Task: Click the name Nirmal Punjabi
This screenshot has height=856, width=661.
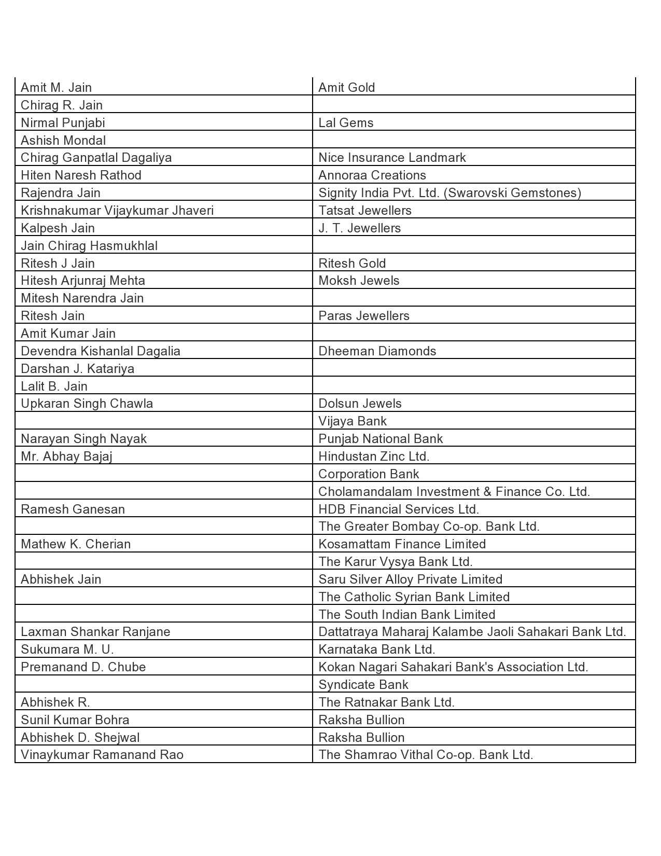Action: tap(63, 123)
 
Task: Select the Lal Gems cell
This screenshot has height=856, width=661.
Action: tap(346, 123)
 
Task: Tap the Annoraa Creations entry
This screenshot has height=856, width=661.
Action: tap(372, 175)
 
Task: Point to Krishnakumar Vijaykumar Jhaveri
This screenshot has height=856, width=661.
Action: tap(117, 211)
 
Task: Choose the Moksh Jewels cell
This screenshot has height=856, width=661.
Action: tap(359, 281)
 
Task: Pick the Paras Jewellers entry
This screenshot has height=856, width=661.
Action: tap(363, 316)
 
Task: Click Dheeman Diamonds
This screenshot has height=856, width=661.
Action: tap(377, 351)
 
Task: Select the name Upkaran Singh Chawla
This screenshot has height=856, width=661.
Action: tap(87, 404)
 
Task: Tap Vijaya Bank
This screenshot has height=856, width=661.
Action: tap(353, 421)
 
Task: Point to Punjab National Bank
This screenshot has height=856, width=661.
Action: tap(381, 439)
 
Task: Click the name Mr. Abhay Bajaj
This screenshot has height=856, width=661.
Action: tap(66, 457)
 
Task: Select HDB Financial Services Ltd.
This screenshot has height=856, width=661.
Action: tap(398, 509)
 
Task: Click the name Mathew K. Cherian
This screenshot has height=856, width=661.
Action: tap(76, 544)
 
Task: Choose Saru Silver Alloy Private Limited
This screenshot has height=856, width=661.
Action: tap(410, 579)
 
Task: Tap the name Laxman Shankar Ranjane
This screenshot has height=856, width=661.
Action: tap(95, 632)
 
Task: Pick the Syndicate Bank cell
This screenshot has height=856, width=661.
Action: tap(363, 685)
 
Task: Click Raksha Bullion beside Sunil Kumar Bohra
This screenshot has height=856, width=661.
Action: tap(361, 720)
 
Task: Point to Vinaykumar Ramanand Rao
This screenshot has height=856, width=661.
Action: tap(102, 755)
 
